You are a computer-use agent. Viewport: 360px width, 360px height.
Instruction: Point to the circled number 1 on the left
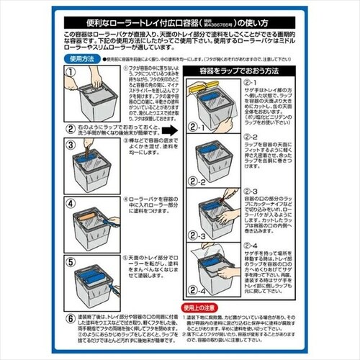pyautogui.click(x=70, y=72)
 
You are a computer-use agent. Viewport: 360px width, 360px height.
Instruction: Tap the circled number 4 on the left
pyautogui.click(x=70, y=194)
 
